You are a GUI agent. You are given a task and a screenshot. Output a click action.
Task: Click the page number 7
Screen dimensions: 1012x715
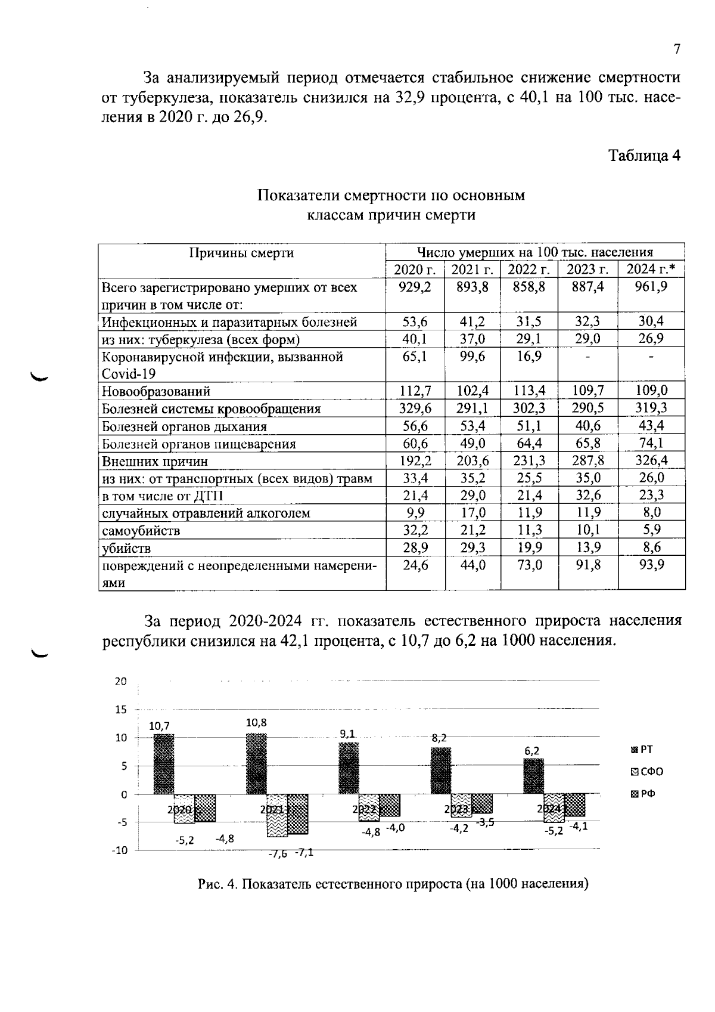(676, 49)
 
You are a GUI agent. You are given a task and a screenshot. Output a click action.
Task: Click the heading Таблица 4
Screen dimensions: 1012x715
(644, 156)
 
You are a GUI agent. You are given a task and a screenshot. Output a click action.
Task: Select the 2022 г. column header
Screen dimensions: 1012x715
(528, 270)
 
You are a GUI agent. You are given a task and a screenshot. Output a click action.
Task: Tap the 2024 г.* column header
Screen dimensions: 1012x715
(651, 270)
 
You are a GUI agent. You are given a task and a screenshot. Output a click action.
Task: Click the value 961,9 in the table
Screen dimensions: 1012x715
(651, 287)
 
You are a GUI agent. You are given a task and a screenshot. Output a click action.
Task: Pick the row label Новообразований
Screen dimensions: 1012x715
(156, 392)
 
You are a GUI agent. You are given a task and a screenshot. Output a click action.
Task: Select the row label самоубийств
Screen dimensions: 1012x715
(141, 531)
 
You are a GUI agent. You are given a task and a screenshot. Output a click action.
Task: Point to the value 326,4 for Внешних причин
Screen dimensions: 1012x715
(651, 460)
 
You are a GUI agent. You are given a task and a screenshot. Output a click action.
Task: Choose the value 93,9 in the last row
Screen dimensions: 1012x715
(651, 565)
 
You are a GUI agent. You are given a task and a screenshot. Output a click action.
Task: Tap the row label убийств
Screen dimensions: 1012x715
(126, 548)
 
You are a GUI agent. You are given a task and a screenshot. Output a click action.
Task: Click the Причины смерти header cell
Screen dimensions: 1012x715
(241, 253)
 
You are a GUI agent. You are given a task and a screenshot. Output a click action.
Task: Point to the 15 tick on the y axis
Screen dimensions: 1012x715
(121, 710)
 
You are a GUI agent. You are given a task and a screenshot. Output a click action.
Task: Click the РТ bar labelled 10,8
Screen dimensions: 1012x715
(256, 764)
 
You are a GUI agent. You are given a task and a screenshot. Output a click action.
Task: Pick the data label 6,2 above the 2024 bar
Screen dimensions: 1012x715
(532, 751)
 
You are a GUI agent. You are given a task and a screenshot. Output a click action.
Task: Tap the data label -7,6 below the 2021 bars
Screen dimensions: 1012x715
(277, 854)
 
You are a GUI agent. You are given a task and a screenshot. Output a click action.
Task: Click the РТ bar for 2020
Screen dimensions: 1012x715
(164, 764)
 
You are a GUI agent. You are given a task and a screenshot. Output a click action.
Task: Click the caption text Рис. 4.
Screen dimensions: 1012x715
(217, 884)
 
